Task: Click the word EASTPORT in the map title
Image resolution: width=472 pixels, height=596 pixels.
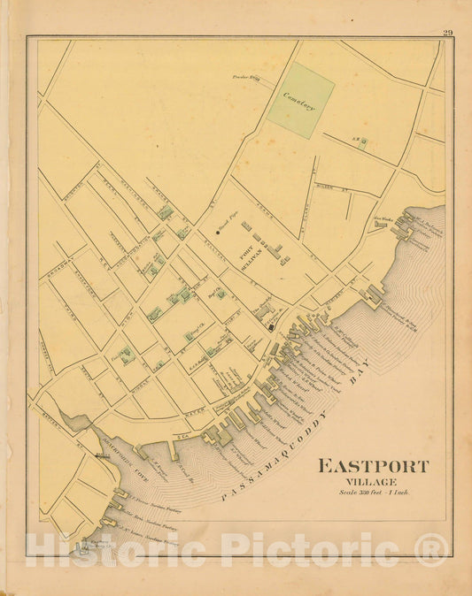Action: click(x=371, y=466)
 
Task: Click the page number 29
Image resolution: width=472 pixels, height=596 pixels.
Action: click(x=448, y=34)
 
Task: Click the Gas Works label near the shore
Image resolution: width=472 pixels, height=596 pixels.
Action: click(x=382, y=218)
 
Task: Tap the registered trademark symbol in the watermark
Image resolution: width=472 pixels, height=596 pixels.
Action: click(x=431, y=551)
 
